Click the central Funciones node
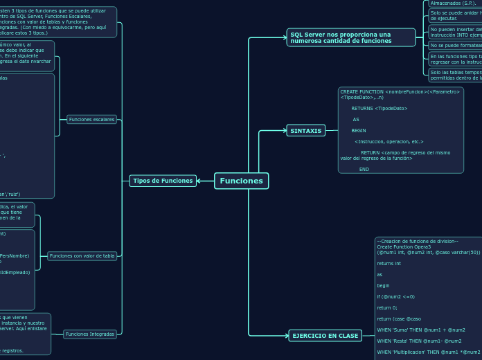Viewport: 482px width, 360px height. [241, 181]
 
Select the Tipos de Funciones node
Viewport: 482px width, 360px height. [163, 181]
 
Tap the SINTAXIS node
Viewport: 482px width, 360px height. [305, 131]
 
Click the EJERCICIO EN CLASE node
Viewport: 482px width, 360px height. [325, 336]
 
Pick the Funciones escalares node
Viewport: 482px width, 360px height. [91, 119]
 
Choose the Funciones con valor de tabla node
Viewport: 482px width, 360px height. [82, 255]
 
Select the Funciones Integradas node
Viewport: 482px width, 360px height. [90, 334]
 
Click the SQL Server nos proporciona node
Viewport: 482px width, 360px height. [350, 37]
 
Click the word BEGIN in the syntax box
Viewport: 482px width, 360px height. [358, 130]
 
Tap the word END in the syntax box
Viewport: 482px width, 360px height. [364, 169]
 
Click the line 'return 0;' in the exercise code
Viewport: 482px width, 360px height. [387, 307]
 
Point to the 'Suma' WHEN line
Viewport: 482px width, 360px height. [420, 330]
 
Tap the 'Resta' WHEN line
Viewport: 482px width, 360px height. [419, 341]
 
